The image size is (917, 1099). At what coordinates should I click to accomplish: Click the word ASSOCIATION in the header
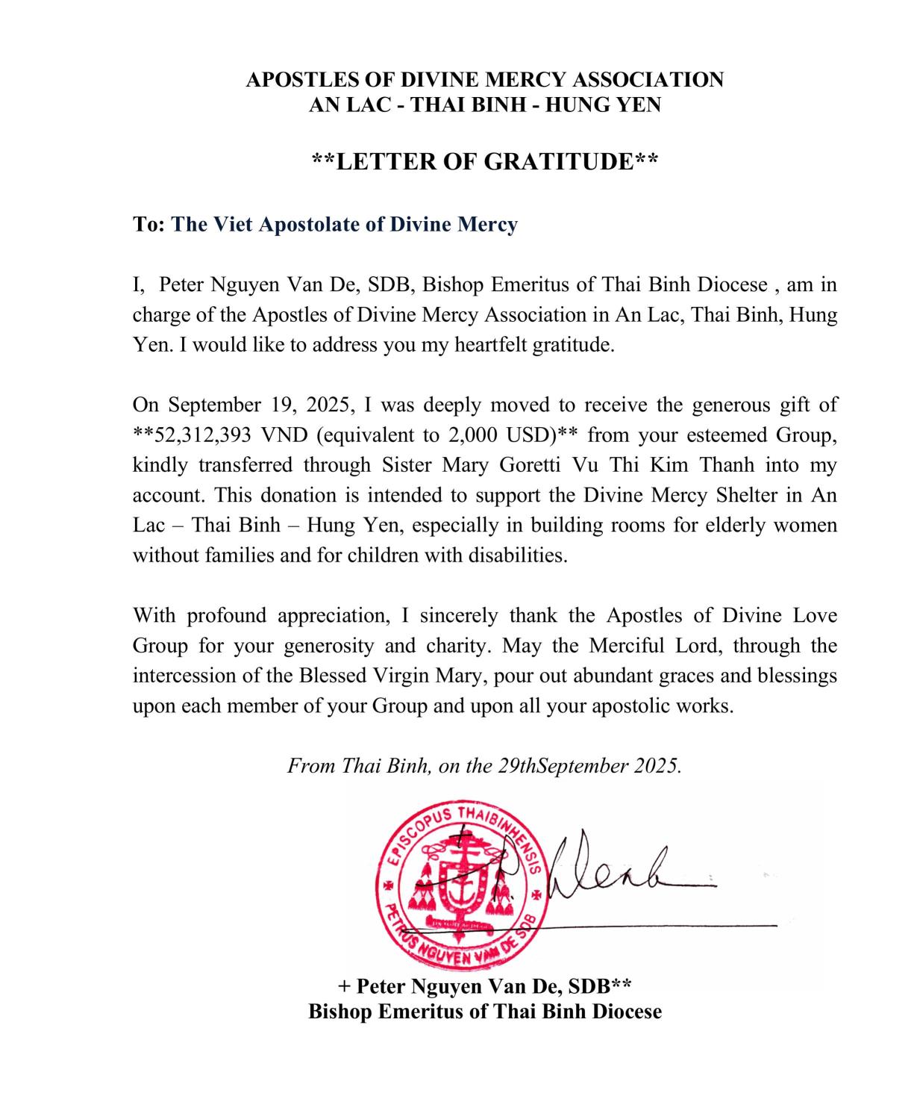[648, 80]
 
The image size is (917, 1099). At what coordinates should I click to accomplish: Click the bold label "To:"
[148, 224]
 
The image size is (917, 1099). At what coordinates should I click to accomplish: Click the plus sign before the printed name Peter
[344, 986]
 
